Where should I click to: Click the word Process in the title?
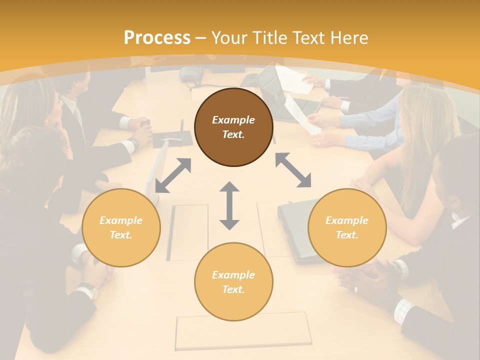point(157,37)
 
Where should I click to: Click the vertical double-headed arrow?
point(229,205)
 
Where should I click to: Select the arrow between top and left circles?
point(173,175)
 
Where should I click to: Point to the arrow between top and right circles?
point(293,170)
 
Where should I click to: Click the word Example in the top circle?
point(233,120)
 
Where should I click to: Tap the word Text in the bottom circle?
point(233,289)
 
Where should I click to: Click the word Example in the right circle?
point(346,220)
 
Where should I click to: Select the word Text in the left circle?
point(120,235)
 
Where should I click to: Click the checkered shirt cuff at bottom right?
point(403,311)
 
